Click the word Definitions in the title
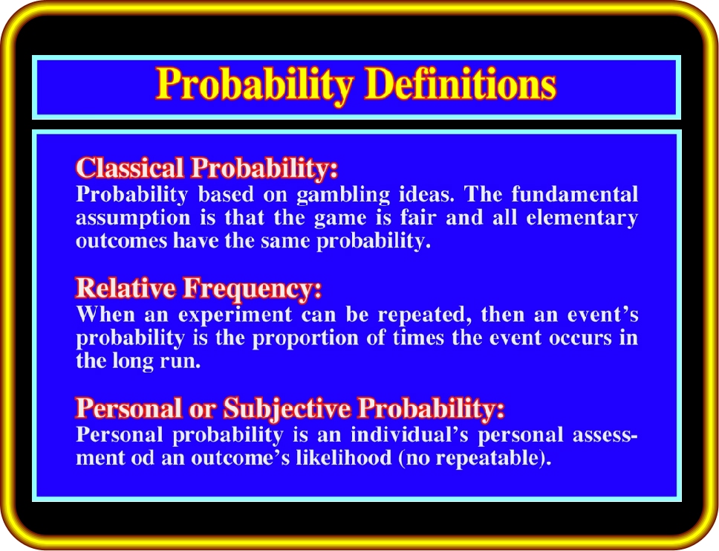461,84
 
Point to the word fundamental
575,194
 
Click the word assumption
133,219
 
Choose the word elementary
582,219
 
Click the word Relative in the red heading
126,288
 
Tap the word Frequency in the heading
253,289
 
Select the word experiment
235,315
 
